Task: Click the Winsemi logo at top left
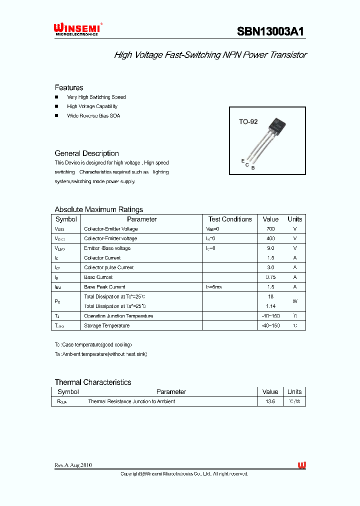point(77,29)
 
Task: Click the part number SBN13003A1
point(270,31)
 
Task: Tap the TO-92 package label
point(248,121)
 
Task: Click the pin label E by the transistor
point(243,160)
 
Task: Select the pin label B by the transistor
point(253,168)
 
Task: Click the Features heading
point(69,87)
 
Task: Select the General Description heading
point(86,153)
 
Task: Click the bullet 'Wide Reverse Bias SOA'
point(93,115)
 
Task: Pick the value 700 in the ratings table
point(270,229)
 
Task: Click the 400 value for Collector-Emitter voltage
point(270,238)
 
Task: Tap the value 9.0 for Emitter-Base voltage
point(270,248)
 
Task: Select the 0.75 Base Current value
point(270,277)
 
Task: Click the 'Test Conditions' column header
point(230,219)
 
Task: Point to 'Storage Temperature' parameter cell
point(106,325)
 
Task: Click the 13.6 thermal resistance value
point(270,401)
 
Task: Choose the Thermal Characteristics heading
point(93,382)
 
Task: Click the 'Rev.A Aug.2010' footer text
point(73,465)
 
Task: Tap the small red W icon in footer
point(302,465)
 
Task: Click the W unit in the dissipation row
point(295,301)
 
